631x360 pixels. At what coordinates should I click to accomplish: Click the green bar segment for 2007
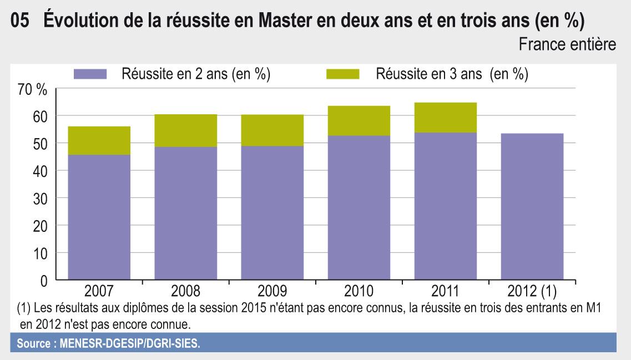pos(99,140)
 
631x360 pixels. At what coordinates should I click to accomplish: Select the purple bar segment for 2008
pos(185,213)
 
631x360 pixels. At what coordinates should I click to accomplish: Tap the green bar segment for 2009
pos(272,130)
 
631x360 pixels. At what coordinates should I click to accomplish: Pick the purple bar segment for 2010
pos(359,207)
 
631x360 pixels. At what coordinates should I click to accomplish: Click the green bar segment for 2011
pos(445,118)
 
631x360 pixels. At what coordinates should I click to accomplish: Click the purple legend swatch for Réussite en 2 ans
pos(90,74)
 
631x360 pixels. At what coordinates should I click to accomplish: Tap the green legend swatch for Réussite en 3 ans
pos(343,74)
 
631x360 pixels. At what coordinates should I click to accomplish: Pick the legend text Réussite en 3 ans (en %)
pos(451,74)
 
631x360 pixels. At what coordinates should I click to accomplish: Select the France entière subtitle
pos(567,45)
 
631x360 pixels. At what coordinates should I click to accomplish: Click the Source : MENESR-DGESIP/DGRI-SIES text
pos(109,343)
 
